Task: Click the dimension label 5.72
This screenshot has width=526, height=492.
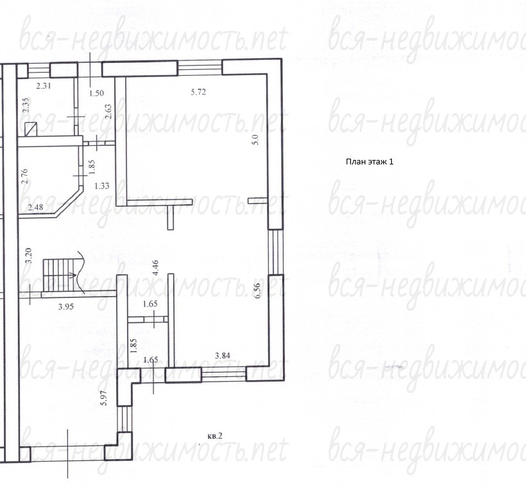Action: coord(198,92)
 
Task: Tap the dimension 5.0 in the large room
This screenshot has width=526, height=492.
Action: coord(255,139)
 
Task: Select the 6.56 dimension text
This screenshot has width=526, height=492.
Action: coord(257,291)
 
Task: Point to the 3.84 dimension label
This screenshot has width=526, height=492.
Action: coord(223,355)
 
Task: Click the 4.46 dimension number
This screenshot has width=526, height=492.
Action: coord(155,268)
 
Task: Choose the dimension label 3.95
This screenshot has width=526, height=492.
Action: coord(65,306)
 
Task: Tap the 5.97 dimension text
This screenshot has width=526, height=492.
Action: coord(104,398)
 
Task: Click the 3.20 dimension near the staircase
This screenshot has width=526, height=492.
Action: coord(28,255)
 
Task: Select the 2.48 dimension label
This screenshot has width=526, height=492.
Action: coord(35,207)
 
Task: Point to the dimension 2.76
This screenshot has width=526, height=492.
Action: coord(24,176)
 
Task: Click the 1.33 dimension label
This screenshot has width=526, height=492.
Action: coord(101,186)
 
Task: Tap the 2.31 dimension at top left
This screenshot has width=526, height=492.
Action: coord(44,85)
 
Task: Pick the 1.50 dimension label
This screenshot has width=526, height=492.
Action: coord(96,93)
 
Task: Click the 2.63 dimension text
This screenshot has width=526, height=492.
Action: coord(108,112)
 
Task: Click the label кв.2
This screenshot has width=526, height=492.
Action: coord(215,436)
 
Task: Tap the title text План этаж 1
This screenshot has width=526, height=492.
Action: coord(369,161)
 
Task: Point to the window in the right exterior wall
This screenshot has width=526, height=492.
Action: coord(276,252)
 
